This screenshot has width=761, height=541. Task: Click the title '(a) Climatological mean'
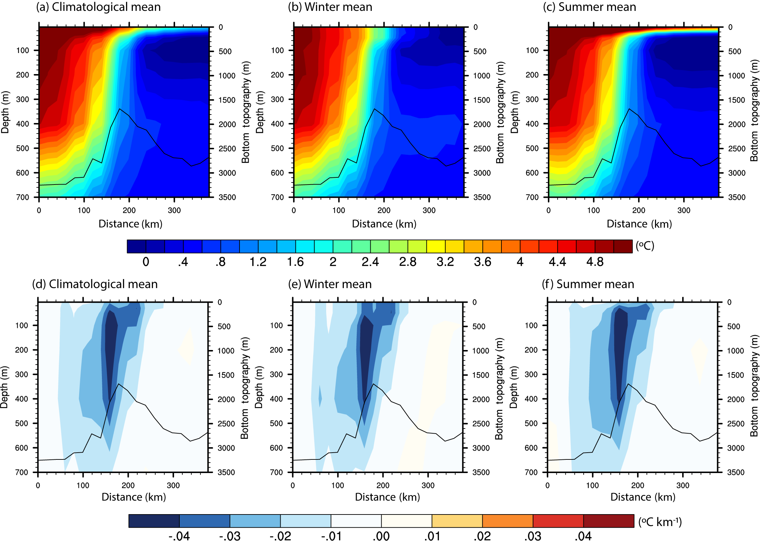(98, 7)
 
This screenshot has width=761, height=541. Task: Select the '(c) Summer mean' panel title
(589, 7)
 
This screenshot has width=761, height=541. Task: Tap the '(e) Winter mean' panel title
(330, 284)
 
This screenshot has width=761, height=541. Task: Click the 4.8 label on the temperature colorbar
(595, 262)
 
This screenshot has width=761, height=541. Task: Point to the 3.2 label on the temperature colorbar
(445, 262)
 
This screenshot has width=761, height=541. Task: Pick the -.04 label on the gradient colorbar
(179, 536)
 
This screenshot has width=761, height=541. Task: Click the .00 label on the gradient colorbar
(381, 536)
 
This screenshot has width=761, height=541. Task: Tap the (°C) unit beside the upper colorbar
(644, 246)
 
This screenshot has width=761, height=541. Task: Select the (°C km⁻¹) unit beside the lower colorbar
(660, 522)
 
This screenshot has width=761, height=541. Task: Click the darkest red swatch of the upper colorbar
(623, 246)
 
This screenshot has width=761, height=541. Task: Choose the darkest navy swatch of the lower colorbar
(154, 521)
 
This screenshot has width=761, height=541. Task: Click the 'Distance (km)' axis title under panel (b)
(384, 224)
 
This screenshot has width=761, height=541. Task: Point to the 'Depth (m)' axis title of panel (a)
(5, 112)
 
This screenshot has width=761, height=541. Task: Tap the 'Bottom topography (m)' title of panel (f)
(754, 386)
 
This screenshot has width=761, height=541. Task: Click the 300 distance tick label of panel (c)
(684, 210)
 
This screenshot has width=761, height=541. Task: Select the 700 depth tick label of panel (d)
(21, 472)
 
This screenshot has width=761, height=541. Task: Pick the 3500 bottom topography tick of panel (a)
(227, 197)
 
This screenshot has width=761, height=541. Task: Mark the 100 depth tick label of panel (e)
(276, 325)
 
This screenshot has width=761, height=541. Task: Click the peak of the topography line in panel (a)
(120, 109)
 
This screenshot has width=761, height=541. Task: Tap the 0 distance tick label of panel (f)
(547, 485)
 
